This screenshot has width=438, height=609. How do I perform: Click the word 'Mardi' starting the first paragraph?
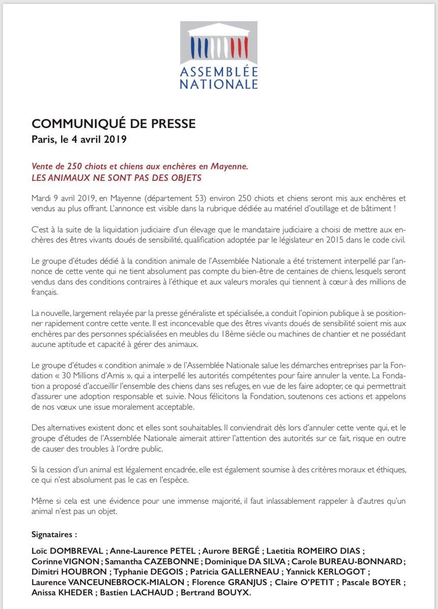coord(42,196)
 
